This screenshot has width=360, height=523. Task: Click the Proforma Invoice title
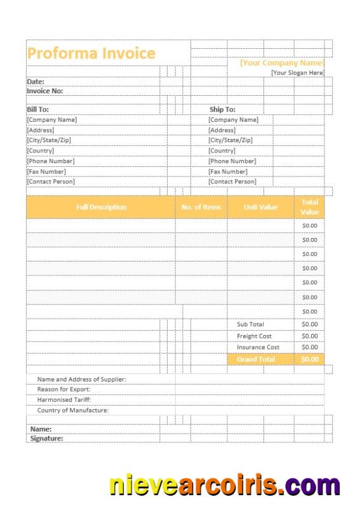[x=91, y=53]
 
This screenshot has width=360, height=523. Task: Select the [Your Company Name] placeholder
[x=281, y=63]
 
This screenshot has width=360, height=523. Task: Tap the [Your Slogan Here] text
[x=297, y=73]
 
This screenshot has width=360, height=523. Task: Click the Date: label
[x=36, y=82]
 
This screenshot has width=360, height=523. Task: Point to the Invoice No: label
[x=44, y=91]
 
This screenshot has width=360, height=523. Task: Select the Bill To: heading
[x=37, y=109]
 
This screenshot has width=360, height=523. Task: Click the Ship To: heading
[x=222, y=109]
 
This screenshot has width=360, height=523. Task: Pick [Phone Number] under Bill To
[x=51, y=161]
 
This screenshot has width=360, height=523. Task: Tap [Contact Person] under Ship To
[x=232, y=182]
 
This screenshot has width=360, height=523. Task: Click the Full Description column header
[x=101, y=207]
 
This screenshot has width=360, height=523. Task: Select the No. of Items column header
[x=201, y=207]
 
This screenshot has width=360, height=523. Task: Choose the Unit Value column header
[x=260, y=207]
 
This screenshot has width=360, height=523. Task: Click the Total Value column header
[x=310, y=207]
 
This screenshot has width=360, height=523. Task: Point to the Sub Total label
[x=250, y=324]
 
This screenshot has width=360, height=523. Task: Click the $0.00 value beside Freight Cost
[x=310, y=336]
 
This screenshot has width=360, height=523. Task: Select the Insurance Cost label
[x=258, y=347]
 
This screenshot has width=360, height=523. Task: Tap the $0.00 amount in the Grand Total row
[x=310, y=359]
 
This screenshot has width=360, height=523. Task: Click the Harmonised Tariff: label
[x=64, y=400]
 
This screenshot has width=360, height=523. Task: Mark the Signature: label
[x=47, y=438]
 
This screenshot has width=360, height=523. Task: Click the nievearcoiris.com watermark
[x=225, y=486]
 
